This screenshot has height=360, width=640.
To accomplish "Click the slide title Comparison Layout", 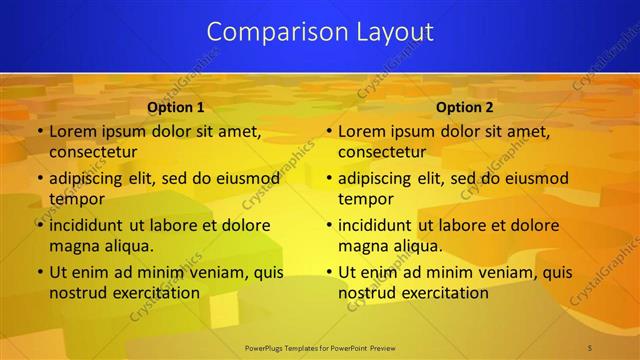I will (320, 32).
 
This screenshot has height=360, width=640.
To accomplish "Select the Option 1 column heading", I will (175, 107).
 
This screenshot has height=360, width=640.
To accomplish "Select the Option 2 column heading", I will (465, 107).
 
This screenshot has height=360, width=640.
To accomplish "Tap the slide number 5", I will (590, 346).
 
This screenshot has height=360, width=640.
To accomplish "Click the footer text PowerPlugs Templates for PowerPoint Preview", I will (320, 346).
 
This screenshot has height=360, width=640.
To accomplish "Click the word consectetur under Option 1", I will (93, 152).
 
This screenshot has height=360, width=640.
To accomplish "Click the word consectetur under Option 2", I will (382, 152).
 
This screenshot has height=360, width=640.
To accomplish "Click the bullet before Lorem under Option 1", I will (39, 132).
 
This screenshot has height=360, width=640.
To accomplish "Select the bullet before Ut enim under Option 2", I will (328, 272).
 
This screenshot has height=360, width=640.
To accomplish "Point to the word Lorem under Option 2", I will (362, 131).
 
